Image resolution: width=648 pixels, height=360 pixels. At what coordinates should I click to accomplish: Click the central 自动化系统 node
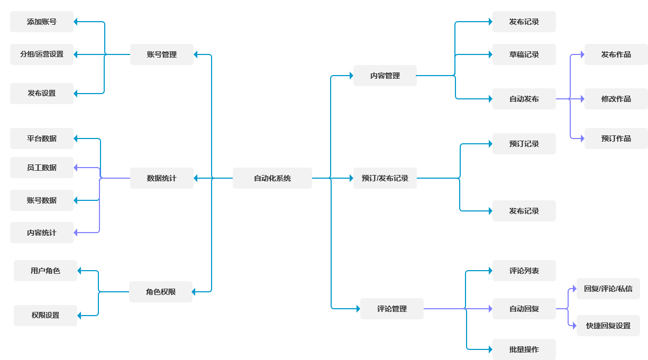tap(272, 178)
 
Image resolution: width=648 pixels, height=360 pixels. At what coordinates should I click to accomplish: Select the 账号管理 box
tap(161, 54)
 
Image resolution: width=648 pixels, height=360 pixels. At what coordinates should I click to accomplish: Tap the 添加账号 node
tap(42, 22)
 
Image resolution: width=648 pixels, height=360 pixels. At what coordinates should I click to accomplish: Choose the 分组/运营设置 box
tap(42, 54)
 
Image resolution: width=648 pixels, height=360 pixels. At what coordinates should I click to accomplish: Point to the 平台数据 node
tap(42, 139)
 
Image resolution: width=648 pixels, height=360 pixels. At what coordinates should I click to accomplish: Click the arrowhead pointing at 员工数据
tap(76, 168)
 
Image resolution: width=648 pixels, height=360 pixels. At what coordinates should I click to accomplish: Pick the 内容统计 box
tap(42, 233)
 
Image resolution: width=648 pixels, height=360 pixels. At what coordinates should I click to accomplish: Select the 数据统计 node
tap(161, 178)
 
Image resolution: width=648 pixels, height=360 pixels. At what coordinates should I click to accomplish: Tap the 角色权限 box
tap(160, 291)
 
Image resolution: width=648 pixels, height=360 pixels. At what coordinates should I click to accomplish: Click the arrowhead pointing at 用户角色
tap(80, 271)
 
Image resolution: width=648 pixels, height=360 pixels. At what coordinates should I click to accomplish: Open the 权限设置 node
tap(45, 315)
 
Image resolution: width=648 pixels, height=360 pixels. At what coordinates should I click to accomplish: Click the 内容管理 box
tap(385, 76)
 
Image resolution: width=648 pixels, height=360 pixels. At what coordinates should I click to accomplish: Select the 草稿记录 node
tap(524, 54)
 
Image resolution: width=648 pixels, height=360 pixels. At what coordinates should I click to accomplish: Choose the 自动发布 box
tap(524, 99)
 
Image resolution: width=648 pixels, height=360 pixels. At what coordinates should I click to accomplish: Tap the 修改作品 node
tap(616, 99)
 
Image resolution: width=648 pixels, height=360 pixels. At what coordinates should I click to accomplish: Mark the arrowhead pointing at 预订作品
tap(582, 139)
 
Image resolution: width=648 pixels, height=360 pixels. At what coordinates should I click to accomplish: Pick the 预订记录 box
tap(524, 144)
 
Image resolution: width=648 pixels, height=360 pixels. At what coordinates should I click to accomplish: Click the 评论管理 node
tap(391, 309)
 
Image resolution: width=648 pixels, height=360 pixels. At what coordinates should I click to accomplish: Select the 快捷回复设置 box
tap(608, 326)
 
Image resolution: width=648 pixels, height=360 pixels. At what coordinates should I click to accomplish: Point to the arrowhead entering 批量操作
tap(490, 349)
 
